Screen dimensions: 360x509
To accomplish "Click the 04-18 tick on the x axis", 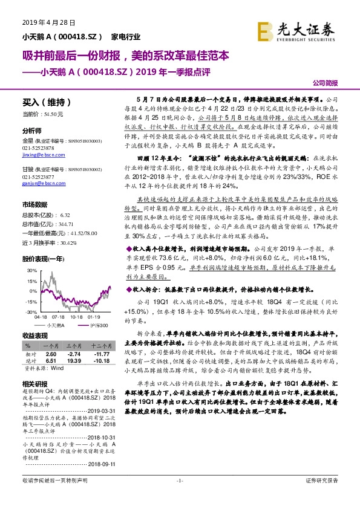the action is coord(41,316).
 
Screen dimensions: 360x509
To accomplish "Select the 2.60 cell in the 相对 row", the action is coord(51,353).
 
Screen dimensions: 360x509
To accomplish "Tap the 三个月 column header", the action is coord(74,346).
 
